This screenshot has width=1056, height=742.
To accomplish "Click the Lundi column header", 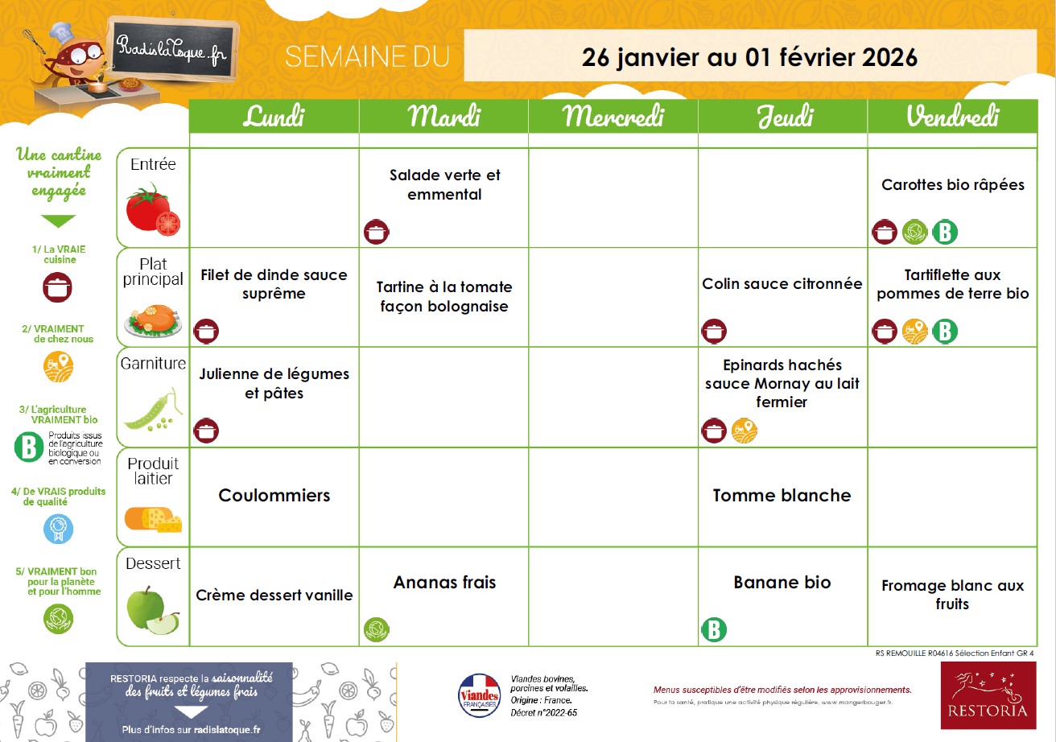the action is click(274, 117).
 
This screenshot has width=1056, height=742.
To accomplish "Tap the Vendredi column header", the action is click(952, 117).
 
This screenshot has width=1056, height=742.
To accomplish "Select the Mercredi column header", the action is click(613, 117).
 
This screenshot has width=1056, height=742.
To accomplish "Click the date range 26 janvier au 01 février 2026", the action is click(749, 57).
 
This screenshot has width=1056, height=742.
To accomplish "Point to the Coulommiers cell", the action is click(274, 496).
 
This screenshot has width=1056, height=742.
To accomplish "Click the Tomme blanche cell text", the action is click(782, 496).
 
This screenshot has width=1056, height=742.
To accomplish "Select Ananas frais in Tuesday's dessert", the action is click(444, 583).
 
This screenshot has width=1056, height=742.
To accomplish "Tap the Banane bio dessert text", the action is click(782, 583).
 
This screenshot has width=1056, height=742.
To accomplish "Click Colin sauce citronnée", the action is click(782, 284).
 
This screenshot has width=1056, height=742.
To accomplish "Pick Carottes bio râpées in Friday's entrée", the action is click(952, 185).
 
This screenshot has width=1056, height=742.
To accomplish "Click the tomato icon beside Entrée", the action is click(153, 208).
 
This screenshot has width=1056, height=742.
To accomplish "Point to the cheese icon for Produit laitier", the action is click(153, 520).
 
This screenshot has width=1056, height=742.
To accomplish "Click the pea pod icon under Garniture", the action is click(153, 410).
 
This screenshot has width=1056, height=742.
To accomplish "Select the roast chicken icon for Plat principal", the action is click(153, 318).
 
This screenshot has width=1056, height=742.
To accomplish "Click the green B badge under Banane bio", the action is click(713, 629).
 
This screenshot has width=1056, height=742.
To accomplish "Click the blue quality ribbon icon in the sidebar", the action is click(58, 529).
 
